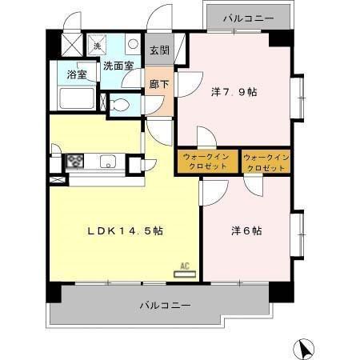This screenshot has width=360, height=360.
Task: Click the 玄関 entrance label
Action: tap(158, 50)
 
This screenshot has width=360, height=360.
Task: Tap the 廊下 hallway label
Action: tap(158, 82)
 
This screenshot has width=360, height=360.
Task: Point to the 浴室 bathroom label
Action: tap(77, 76)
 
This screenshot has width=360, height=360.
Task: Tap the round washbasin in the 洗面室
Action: tap(133, 45)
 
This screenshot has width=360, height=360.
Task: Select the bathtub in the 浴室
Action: tap(78, 98)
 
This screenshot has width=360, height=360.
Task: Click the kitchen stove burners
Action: tap(75, 160)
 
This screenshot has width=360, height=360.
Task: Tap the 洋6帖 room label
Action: tap(246, 231)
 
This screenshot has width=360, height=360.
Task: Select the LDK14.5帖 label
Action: tap(125, 231)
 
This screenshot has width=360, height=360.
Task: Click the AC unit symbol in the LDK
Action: tap(184, 273)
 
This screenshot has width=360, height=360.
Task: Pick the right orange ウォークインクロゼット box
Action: tap(265, 162)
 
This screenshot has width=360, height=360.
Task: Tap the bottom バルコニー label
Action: tap(165, 305)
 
